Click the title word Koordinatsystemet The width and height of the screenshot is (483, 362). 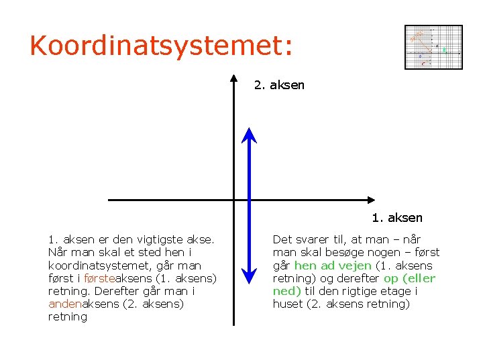(x=161, y=46)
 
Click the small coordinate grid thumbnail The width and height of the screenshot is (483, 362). (x=433, y=47)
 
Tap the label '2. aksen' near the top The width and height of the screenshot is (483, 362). (x=279, y=85)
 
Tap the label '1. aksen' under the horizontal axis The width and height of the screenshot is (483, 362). (x=397, y=218)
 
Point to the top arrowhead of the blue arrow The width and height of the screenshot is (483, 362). (x=250, y=134)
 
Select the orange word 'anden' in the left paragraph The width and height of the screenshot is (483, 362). (x=65, y=304)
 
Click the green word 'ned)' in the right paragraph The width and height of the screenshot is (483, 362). (x=286, y=291)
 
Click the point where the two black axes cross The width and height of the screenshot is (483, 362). (x=233, y=200)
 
